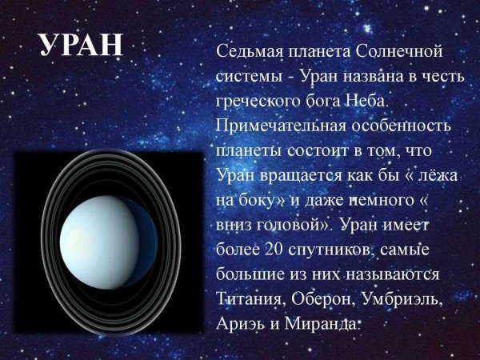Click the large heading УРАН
(80, 46)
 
